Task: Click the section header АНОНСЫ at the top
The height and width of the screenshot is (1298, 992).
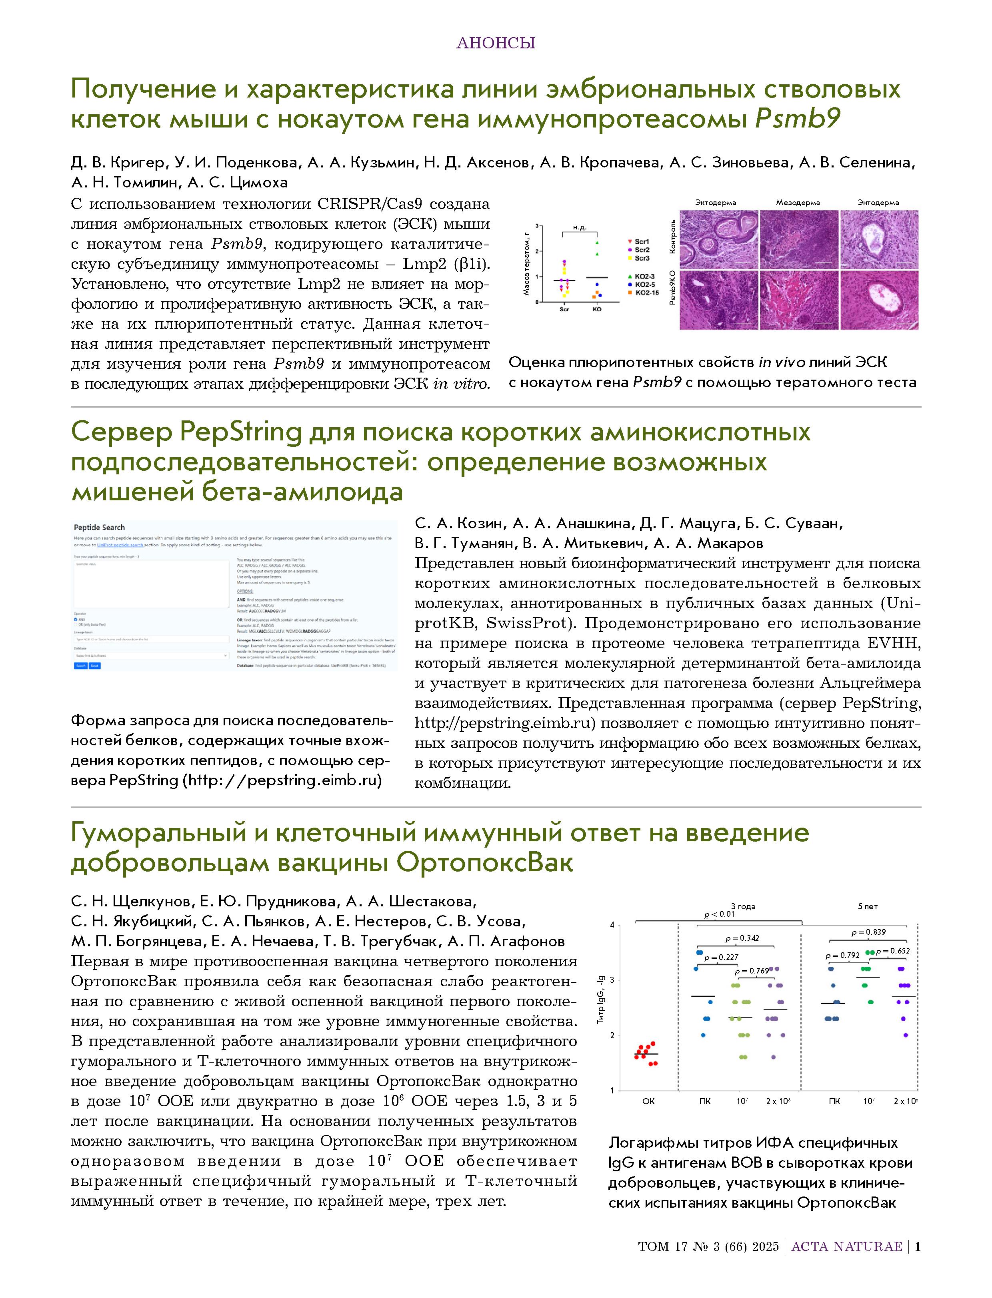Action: point(496,43)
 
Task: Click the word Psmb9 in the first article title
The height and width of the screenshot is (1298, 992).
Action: point(797,119)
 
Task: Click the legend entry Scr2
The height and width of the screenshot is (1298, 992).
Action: point(641,250)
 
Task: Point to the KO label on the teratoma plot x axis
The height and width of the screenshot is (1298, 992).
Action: point(596,309)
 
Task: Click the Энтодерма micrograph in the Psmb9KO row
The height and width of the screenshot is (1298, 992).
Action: point(879,300)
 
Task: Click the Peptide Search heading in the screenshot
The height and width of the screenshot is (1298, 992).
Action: point(99,528)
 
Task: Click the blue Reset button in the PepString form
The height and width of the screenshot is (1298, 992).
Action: point(94,665)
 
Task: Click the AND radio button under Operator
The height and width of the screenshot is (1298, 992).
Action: point(76,619)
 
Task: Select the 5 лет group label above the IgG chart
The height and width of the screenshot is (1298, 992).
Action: point(868,906)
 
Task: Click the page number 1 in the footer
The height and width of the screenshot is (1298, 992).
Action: point(918,1247)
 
